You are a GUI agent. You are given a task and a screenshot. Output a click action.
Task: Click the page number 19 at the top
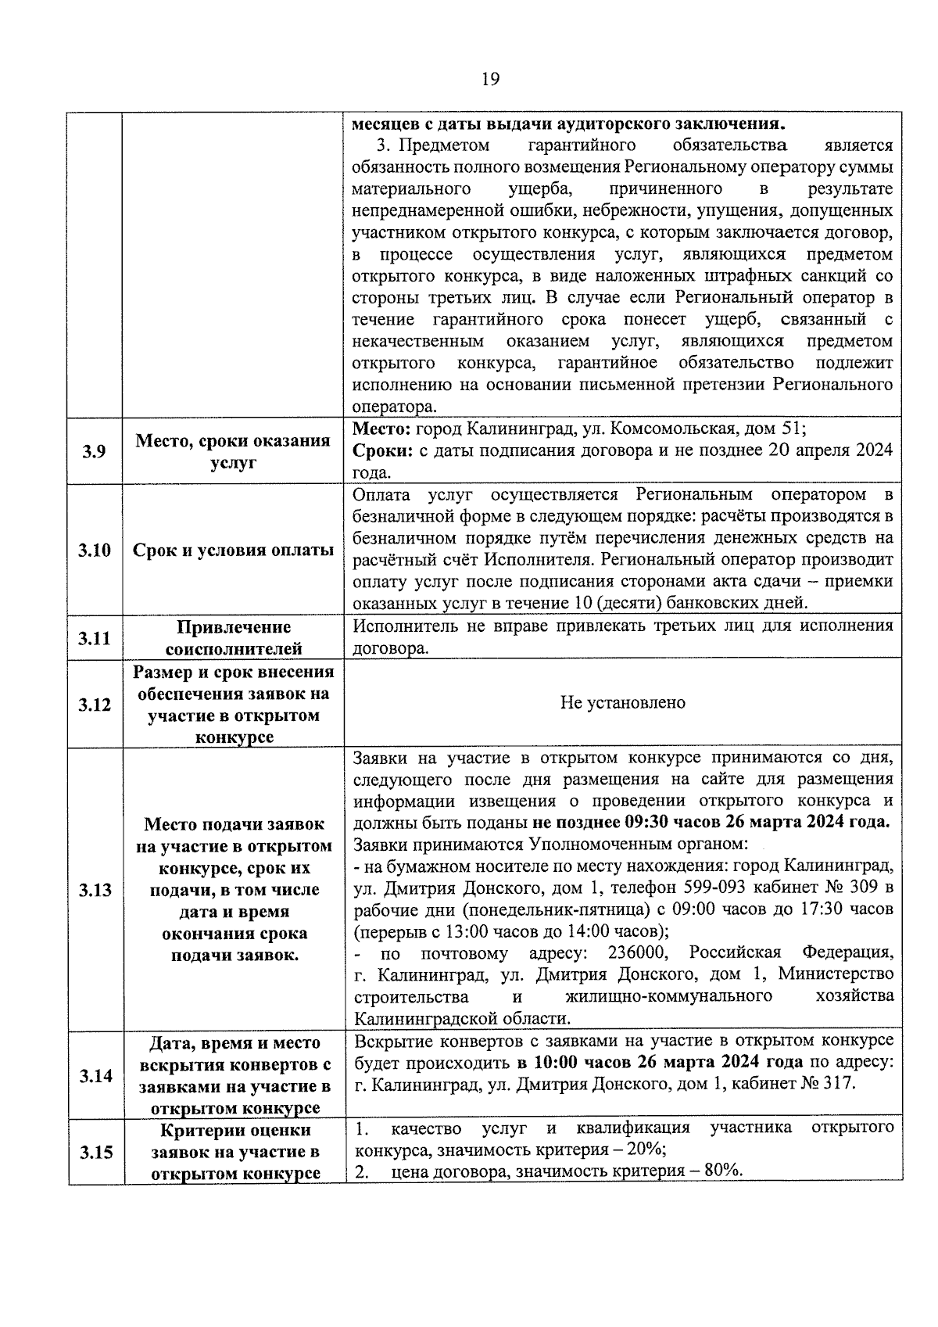490,79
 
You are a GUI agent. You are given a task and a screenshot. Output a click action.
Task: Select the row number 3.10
94,550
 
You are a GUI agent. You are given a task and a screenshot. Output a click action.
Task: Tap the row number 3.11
94,638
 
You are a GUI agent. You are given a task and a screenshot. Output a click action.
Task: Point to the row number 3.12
94,705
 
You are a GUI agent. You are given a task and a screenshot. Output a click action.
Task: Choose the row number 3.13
94,890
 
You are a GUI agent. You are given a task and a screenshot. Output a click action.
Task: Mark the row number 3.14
94,1076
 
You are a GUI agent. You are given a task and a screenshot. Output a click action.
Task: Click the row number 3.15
94,1152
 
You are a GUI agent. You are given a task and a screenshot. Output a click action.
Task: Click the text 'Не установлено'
622,703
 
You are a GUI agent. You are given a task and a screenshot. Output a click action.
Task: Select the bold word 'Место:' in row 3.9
381,429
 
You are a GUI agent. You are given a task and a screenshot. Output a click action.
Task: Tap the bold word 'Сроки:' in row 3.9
382,451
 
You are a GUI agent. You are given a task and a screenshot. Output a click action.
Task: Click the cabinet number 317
840,1084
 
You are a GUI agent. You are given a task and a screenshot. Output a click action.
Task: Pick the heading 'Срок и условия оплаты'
233,550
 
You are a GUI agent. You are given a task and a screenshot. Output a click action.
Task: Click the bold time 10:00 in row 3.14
556,1063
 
